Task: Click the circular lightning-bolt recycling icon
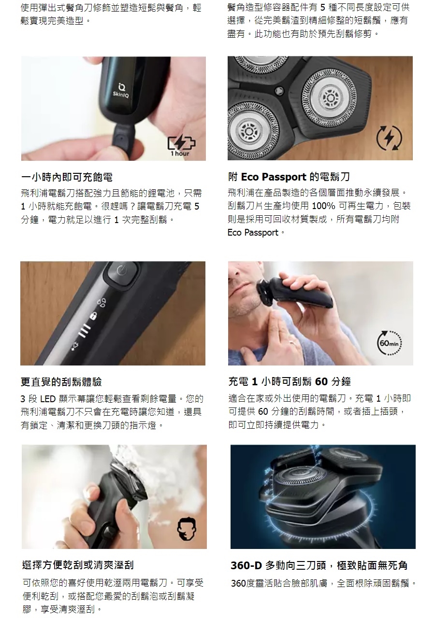(390, 138)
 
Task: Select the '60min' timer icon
(389, 343)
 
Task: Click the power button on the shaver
(122, 271)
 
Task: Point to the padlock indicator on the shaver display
(94, 315)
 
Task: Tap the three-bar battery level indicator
(85, 330)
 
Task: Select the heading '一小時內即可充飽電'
(67, 177)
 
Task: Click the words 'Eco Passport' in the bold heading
(274, 177)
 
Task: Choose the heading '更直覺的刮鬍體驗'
(61, 382)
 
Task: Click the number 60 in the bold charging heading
(321, 381)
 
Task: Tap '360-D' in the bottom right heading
(246, 565)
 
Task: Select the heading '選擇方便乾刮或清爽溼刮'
(78, 565)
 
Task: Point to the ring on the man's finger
(293, 343)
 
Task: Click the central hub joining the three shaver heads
(279, 90)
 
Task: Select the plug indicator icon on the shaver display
(75, 346)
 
